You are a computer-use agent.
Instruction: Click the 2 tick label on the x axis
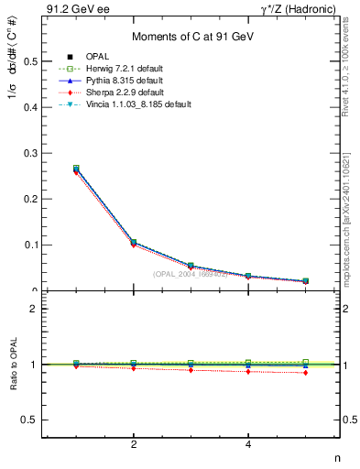coord(134,445)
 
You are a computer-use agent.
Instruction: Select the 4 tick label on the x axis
coord(248,445)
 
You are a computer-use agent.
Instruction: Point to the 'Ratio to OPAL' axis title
coord(12,365)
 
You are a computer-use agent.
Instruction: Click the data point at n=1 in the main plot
coord(77,169)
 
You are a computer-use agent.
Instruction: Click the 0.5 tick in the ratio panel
coord(32,420)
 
